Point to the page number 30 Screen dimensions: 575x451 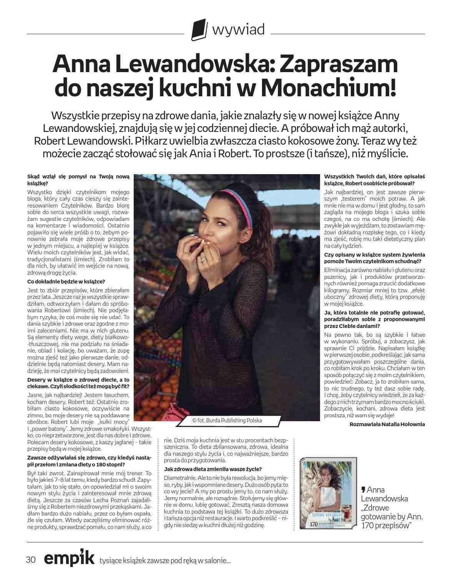[x=31, y=559]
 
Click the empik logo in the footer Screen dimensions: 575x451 [x=69, y=558]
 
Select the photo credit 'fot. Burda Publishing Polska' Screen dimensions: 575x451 [x=227, y=420]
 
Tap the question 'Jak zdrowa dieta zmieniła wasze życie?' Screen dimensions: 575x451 [x=213, y=469]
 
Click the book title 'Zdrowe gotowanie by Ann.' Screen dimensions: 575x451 [x=392, y=512]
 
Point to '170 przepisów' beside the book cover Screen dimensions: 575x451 [x=386, y=525]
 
